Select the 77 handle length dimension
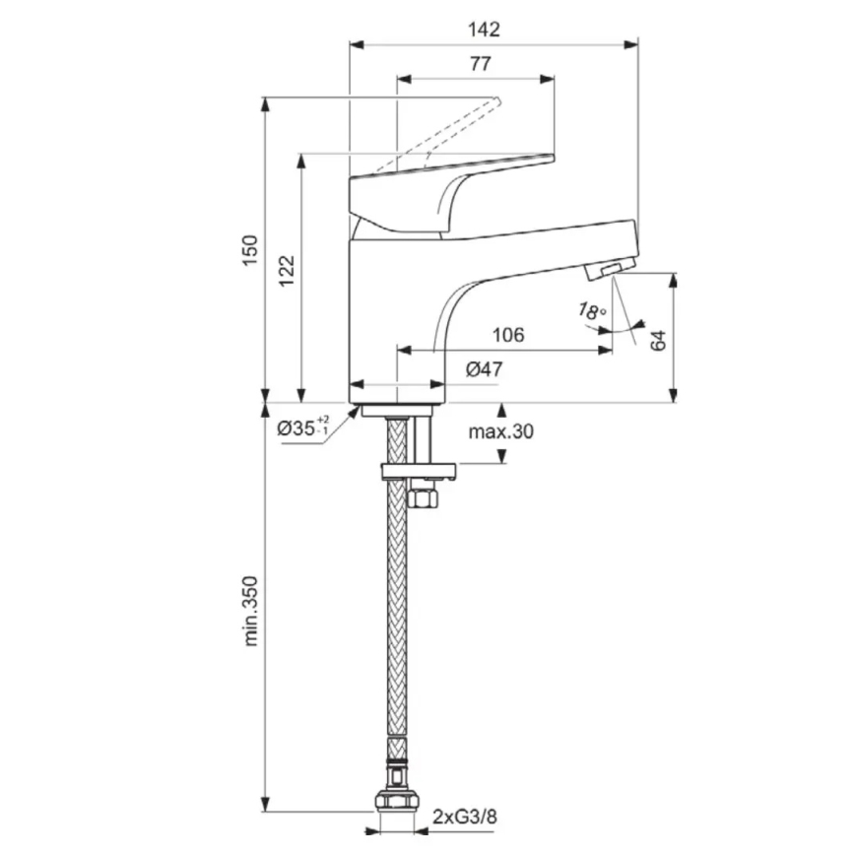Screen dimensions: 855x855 point(480,65)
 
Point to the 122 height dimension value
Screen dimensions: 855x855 point(287,270)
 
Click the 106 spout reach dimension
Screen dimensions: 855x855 point(507,335)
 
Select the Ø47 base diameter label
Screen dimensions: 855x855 point(484,369)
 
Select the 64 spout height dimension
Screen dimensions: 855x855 point(659,339)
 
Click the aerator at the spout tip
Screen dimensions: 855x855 point(607,269)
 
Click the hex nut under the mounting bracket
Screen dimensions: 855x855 point(425,496)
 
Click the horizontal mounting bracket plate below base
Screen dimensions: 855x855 point(420,471)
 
